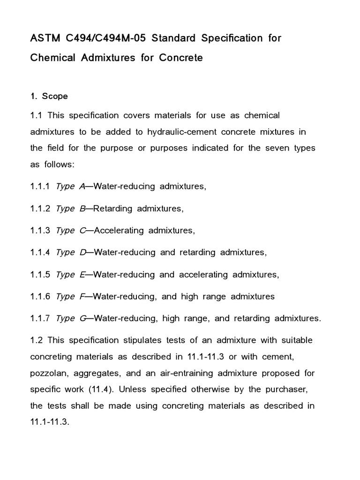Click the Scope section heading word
[x=55, y=96]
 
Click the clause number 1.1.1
[x=40, y=186]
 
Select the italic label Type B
[x=71, y=209]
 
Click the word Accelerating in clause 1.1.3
[x=119, y=231]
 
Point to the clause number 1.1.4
[x=40, y=252]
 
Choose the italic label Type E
[x=71, y=274]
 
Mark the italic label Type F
[x=71, y=296]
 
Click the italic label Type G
[x=71, y=318]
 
